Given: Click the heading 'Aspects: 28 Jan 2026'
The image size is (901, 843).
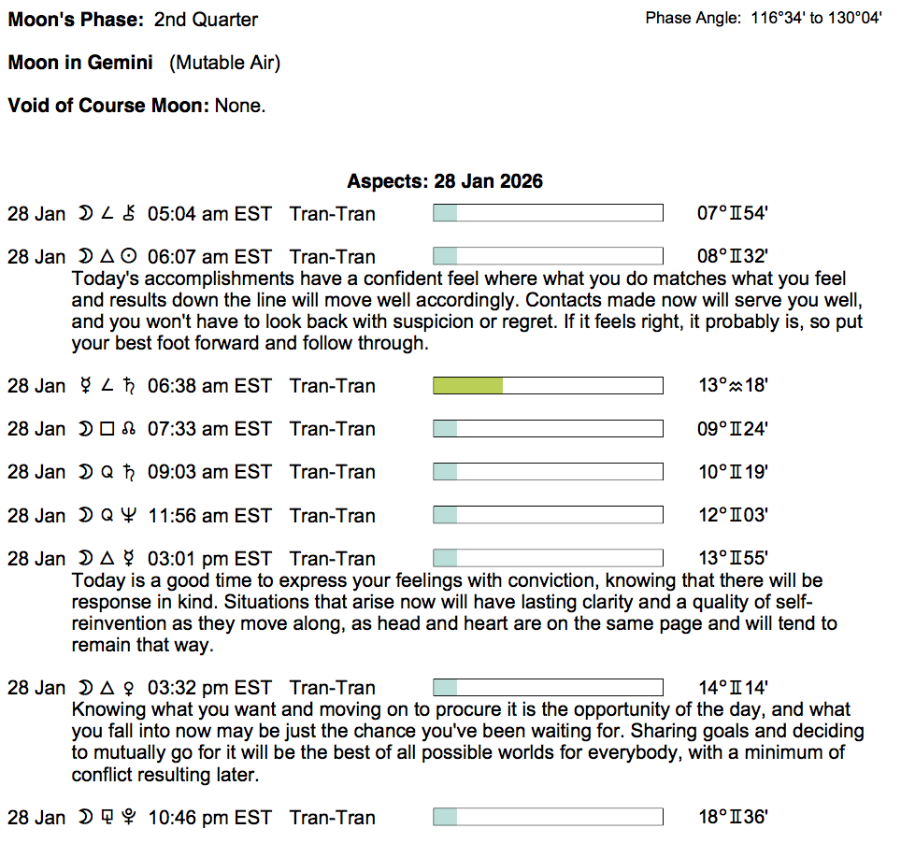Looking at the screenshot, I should click(445, 181).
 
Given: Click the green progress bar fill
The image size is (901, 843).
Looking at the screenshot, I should click(467, 386).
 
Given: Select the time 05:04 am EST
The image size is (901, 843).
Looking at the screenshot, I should click(209, 214).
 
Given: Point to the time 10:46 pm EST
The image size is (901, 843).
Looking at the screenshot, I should click(209, 818).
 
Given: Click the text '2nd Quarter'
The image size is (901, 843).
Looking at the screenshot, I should click(206, 20).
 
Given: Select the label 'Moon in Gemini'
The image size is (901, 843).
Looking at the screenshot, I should click(80, 63).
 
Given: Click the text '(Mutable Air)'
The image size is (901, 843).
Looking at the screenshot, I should click(224, 63).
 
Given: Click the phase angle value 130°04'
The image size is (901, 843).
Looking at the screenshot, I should click(855, 19).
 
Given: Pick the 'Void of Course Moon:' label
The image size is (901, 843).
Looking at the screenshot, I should click(108, 106).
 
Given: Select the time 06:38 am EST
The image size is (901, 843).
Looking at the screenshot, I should click(209, 386).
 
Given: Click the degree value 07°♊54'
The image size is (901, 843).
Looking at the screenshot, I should click(733, 214).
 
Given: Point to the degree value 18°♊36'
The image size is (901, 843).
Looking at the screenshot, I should click(733, 818).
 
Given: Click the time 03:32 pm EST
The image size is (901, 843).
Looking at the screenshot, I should click(209, 689).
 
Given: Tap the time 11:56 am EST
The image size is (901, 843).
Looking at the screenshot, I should click(209, 515).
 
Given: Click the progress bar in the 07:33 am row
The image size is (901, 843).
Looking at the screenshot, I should click(548, 429).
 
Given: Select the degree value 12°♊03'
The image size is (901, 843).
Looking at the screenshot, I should click(733, 515).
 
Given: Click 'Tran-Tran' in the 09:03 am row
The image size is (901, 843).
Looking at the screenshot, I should click(333, 472).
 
